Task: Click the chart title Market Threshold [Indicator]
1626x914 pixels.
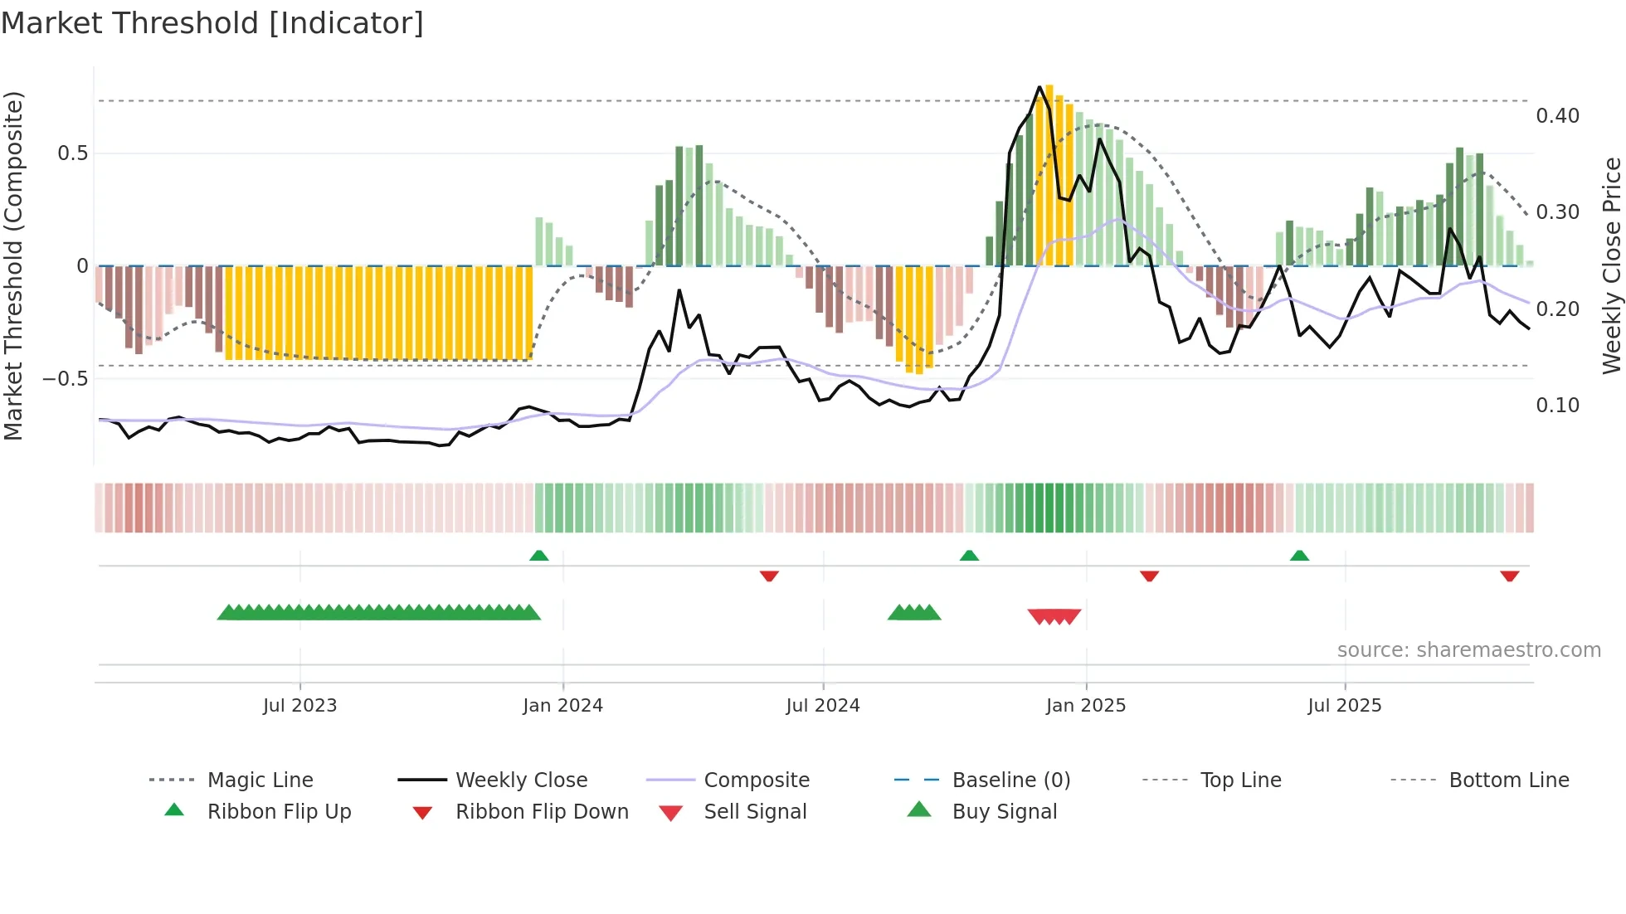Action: [212, 23]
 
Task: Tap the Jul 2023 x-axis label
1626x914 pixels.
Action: [299, 706]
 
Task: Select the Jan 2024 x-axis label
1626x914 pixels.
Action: [562, 706]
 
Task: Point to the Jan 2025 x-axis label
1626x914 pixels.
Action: [1085, 706]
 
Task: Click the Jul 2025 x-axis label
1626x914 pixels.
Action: [1344, 706]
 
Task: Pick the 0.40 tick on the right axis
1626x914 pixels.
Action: [1557, 116]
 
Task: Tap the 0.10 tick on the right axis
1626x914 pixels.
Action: [1557, 406]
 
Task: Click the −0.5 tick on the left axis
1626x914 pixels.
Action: [65, 379]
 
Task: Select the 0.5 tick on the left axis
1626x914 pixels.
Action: [72, 153]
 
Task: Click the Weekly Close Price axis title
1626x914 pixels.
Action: [1611, 265]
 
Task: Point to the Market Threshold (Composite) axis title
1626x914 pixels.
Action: [13, 265]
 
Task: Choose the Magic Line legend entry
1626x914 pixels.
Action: [260, 780]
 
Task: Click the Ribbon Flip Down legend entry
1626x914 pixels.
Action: [542, 812]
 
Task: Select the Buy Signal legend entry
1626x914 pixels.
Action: [1004, 812]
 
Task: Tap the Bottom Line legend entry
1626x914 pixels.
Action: [1508, 780]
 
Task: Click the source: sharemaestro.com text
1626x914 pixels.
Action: [1468, 650]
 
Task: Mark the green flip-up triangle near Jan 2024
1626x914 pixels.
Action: [539, 556]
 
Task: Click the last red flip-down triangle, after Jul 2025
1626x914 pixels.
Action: [1509, 576]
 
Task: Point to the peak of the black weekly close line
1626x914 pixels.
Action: [1039, 87]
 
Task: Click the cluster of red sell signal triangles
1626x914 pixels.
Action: [1054, 616]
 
